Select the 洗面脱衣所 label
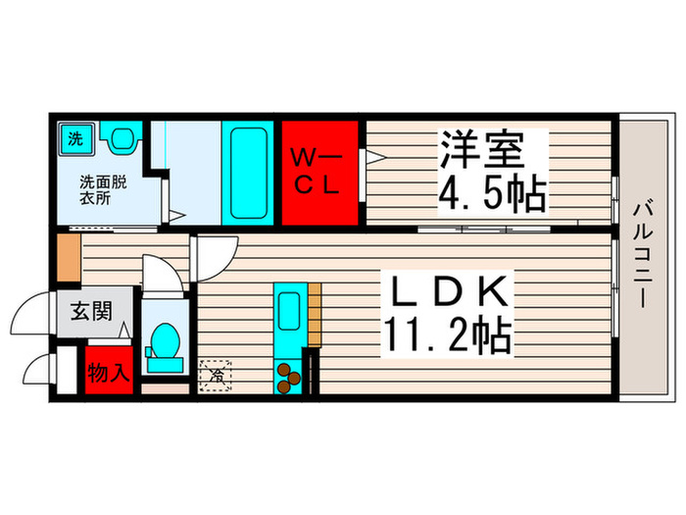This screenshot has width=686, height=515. (x=102, y=189)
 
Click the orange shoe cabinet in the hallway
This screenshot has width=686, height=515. (x=68, y=255)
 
